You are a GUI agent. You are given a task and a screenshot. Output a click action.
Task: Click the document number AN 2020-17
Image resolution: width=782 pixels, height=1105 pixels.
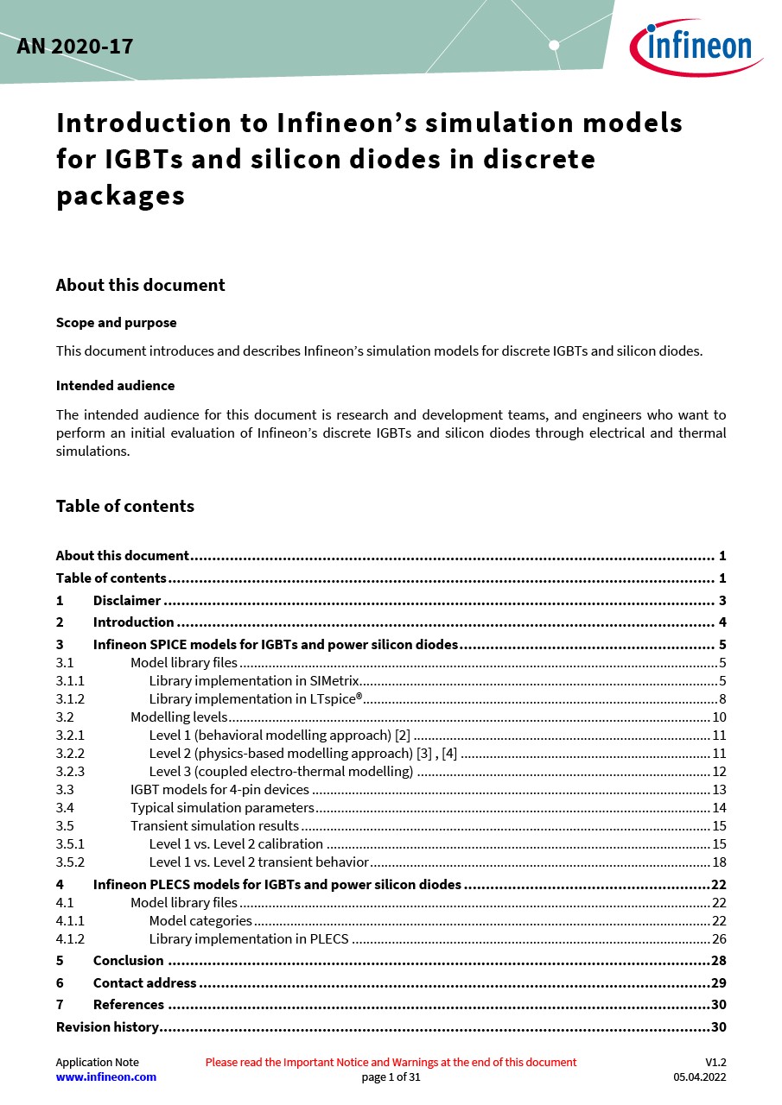pyautogui.click(x=75, y=47)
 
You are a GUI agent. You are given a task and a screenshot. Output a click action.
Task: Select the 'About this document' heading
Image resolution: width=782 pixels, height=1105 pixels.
pyautogui.click(x=140, y=286)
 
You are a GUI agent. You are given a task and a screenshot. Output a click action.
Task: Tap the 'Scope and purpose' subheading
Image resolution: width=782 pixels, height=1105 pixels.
pyautogui.click(x=116, y=323)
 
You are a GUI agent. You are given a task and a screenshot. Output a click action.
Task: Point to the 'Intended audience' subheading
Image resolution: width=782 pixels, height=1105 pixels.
pyautogui.click(x=115, y=386)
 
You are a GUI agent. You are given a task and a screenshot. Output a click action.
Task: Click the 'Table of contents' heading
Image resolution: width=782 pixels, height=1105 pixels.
pyautogui.click(x=124, y=507)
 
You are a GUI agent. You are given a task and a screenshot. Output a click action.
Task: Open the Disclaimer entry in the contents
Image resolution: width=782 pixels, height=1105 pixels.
pyautogui.click(x=127, y=601)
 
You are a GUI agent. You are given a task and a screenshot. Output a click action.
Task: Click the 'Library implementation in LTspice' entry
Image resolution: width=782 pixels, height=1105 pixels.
pyautogui.click(x=255, y=699)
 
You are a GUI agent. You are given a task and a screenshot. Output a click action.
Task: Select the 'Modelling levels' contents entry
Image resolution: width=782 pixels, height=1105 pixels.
pyautogui.click(x=179, y=717)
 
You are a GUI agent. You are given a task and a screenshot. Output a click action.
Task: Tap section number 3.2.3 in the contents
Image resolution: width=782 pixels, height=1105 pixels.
pyautogui.click(x=70, y=772)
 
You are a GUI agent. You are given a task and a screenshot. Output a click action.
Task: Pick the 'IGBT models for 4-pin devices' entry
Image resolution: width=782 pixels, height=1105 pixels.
pyautogui.click(x=219, y=790)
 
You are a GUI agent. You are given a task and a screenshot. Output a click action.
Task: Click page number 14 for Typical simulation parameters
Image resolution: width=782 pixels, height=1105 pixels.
pyautogui.click(x=719, y=808)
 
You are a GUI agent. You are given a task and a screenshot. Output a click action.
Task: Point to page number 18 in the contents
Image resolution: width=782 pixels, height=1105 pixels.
pyautogui.click(x=719, y=862)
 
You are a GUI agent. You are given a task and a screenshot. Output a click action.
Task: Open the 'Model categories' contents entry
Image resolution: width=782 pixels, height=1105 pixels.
pyautogui.click(x=200, y=921)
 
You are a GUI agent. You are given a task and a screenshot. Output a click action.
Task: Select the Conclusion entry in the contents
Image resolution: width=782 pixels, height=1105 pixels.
pyautogui.click(x=128, y=961)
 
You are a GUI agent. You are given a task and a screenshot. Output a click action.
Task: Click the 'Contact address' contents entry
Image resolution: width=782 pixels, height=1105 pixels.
pyautogui.click(x=144, y=983)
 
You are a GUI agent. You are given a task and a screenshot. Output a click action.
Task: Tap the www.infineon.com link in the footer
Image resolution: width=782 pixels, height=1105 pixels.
pyautogui.click(x=106, y=1077)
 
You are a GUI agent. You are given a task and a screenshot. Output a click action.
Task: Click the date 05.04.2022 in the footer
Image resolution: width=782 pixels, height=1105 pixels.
pyautogui.click(x=700, y=1077)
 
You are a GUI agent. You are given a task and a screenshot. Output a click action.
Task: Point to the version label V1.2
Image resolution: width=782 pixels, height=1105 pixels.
pyautogui.click(x=715, y=1063)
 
